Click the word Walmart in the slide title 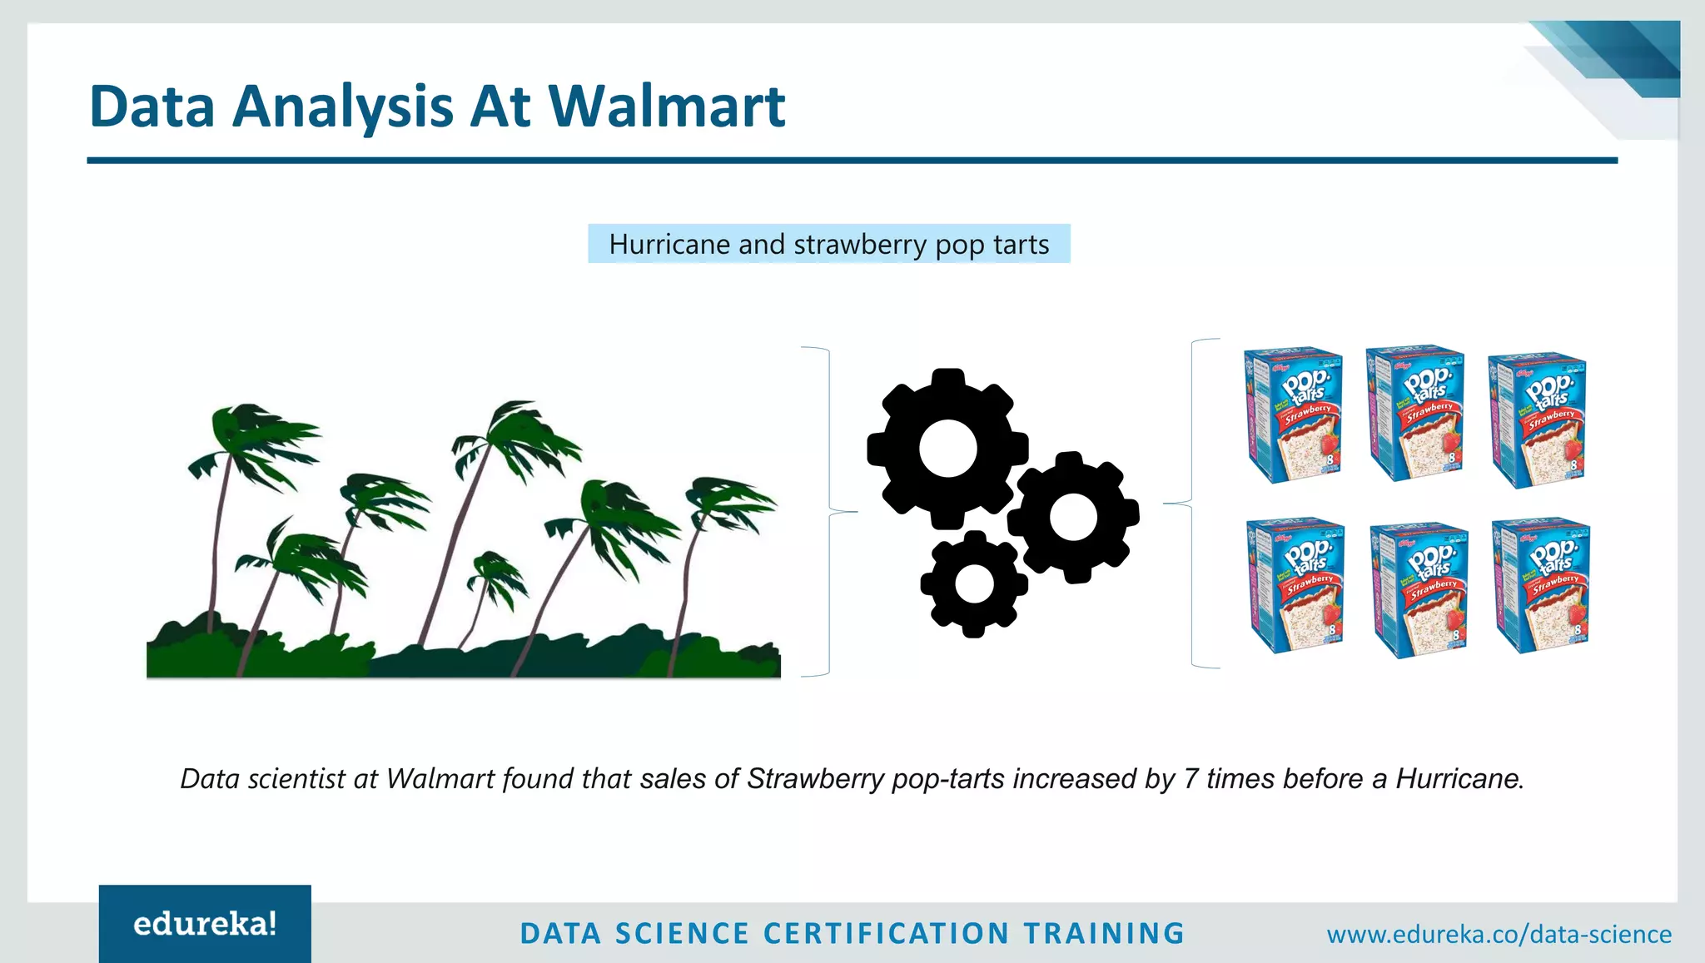(666, 107)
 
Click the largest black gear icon (947, 449)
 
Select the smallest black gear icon (973, 583)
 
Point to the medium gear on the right (1073, 517)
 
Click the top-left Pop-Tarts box (1293, 414)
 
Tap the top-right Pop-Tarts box (1537, 419)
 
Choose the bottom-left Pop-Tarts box (1295, 585)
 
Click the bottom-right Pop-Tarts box (1541, 585)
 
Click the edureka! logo (205, 924)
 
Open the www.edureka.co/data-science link (1499, 934)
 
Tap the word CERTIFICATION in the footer (886, 934)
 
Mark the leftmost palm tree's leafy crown (250, 441)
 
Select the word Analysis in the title (342, 107)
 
